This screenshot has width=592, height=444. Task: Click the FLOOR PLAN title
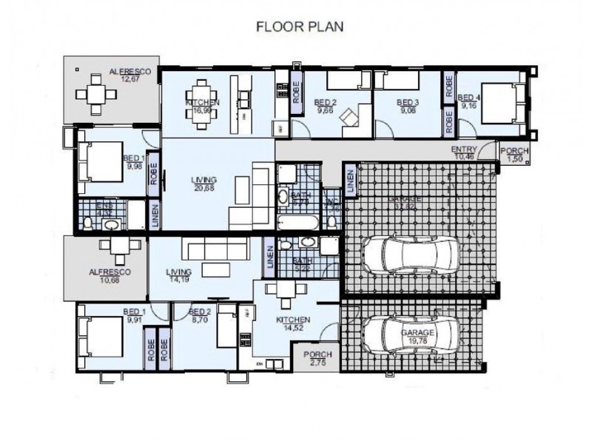point(299,27)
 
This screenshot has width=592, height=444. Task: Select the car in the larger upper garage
point(417,254)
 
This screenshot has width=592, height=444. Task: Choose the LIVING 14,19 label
point(179,275)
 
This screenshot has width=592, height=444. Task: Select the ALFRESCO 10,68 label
point(110,275)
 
